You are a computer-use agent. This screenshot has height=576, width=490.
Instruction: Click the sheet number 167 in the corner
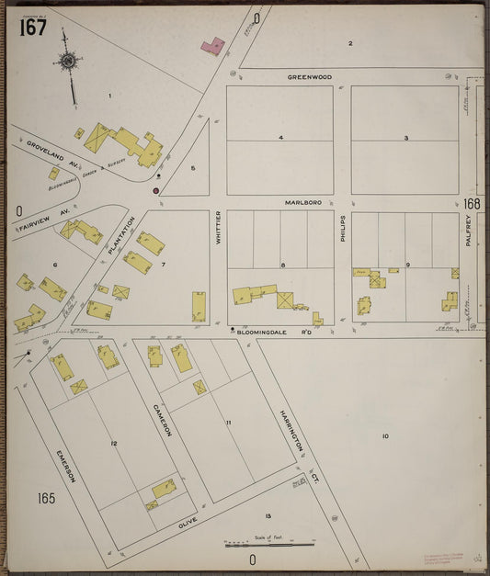(x=33, y=28)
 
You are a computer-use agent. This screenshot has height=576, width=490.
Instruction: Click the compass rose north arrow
(x=67, y=62)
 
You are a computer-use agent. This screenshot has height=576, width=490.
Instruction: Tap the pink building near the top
(x=212, y=45)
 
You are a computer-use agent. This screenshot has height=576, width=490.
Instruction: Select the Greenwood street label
(x=309, y=77)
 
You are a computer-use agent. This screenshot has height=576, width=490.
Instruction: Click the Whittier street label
(x=218, y=227)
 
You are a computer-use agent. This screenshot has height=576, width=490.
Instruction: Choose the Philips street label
(x=342, y=229)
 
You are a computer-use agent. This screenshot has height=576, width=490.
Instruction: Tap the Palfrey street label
(x=468, y=226)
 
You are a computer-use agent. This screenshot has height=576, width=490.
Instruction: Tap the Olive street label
(x=188, y=520)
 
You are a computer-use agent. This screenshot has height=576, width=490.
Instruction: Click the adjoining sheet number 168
(x=472, y=203)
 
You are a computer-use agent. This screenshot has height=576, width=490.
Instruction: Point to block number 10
(x=385, y=435)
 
